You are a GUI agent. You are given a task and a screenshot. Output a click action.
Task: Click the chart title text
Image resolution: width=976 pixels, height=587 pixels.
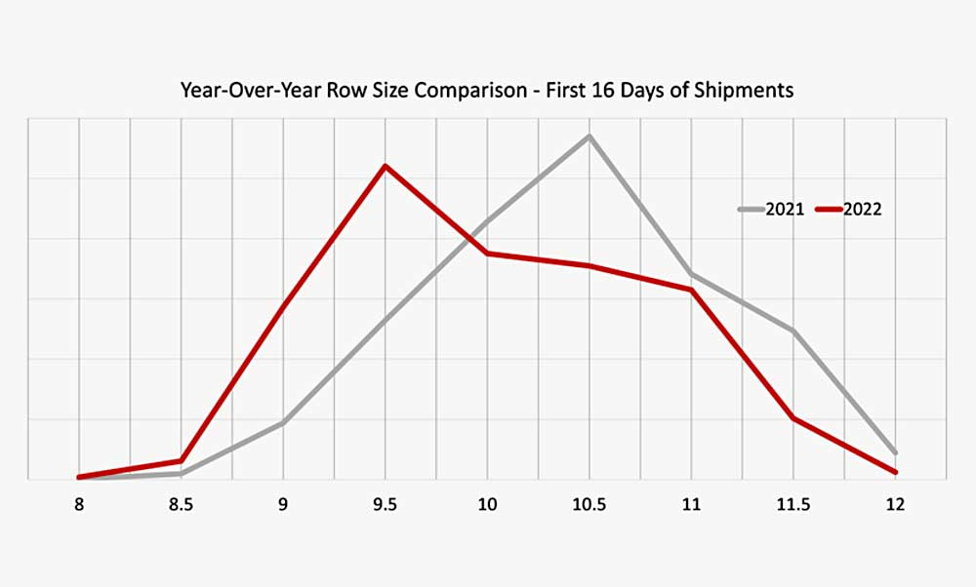click(x=487, y=91)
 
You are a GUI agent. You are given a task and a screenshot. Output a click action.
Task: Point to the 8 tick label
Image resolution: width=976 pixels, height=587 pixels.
click(x=79, y=505)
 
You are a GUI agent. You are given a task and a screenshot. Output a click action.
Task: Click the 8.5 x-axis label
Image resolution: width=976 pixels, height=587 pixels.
click(x=181, y=505)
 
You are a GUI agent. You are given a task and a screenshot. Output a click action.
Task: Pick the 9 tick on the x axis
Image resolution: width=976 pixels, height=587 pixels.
click(x=283, y=505)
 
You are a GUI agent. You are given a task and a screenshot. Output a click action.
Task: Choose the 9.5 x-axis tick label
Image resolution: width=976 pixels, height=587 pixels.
click(x=386, y=505)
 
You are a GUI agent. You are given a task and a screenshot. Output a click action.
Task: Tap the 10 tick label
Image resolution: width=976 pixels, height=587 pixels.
click(x=487, y=505)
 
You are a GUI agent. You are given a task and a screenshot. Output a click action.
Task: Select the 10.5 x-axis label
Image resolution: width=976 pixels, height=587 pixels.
click(x=589, y=505)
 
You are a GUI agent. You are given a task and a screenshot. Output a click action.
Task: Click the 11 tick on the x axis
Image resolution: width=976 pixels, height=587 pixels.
click(x=691, y=505)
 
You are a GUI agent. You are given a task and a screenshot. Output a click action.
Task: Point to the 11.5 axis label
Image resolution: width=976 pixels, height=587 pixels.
click(x=793, y=505)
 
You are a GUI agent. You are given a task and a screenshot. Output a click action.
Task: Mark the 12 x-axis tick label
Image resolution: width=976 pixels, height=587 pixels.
click(x=895, y=505)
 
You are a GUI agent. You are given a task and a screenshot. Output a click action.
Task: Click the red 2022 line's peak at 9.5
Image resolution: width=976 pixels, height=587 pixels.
click(x=386, y=166)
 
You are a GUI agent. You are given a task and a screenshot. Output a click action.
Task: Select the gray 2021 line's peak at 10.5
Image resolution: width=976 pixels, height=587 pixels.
click(x=589, y=136)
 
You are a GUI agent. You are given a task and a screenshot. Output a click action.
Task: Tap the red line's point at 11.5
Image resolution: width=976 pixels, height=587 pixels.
click(x=793, y=418)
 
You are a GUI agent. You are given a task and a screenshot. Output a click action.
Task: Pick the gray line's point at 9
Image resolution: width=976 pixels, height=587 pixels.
click(x=283, y=423)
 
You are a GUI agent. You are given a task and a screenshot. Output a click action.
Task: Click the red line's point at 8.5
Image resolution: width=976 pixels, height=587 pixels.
click(x=181, y=461)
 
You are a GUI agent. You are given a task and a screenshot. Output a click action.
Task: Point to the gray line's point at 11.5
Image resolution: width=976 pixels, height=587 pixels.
click(x=793, y=332)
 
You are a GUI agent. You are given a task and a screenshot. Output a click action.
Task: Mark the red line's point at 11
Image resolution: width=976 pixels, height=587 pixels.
click(x=691, y=290)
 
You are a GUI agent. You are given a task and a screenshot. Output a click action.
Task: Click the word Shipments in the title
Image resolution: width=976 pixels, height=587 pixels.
click(x=750, y=91)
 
